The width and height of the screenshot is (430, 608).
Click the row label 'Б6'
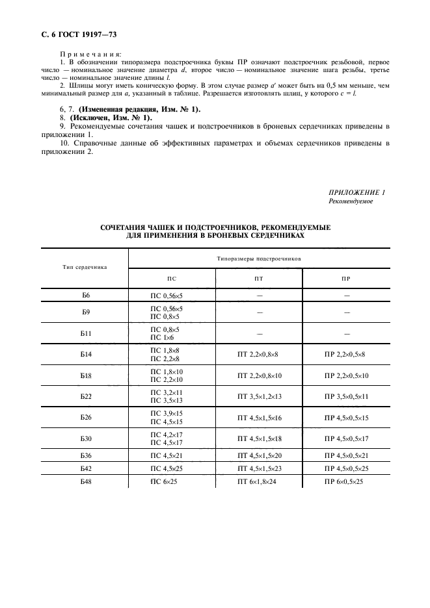coord(85,296)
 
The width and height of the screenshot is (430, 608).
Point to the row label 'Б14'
coord(85,355)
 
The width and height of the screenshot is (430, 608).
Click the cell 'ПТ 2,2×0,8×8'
coord(258,355)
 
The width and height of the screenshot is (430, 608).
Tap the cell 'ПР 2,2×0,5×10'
coord(346,376)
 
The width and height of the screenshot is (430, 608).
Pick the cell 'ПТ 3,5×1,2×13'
coord(258,397)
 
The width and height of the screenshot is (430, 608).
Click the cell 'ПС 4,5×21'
coord(167,455)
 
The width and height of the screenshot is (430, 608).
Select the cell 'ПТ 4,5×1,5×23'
coord(258,468)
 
